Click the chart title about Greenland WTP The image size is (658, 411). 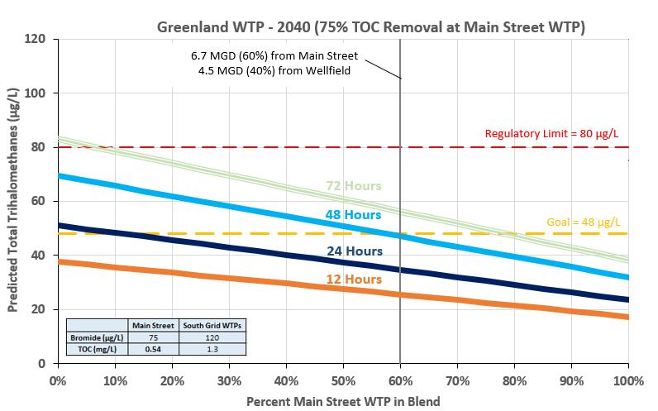(371, 26)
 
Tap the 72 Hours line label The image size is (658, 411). (353, 186)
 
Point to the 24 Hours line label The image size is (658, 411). (353, 251)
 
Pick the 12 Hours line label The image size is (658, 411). (353, 280)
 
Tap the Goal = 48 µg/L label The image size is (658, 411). (584, 222)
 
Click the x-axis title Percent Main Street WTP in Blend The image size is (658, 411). (343, 400)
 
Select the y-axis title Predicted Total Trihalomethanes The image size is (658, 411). (14, 201)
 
